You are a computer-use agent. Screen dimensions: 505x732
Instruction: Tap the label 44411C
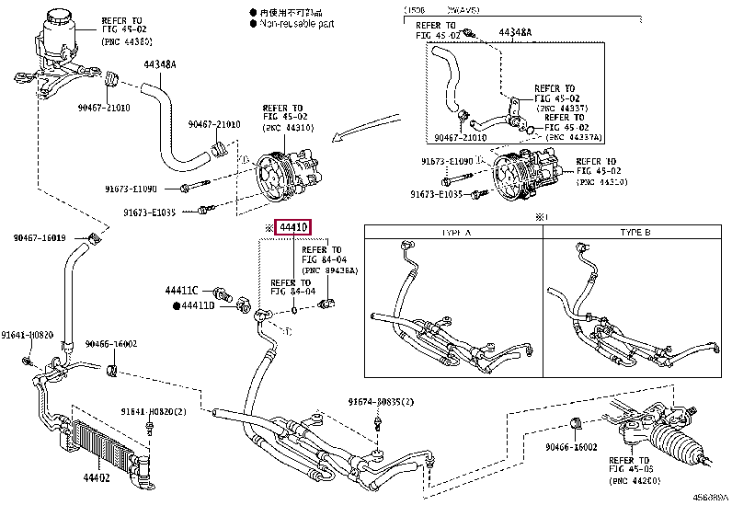pyautogui.click(x=183, y=291)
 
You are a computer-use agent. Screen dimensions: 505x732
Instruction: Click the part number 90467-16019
pyautogui.click(x=40, y=238)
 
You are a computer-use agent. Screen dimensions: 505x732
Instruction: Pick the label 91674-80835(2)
pyautogui.click(x=381, y=402)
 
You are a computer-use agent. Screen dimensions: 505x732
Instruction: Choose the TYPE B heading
pyautogui.click(x=635, y=233)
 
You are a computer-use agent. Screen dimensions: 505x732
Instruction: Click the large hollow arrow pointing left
pyautogui.click(x=362, y=132)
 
